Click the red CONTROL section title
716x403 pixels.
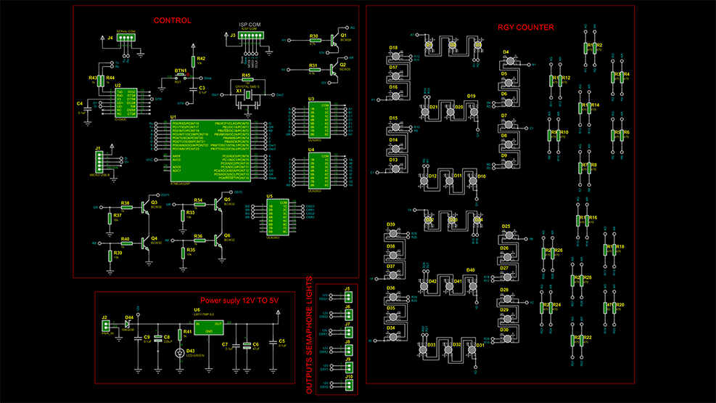click(172, 20)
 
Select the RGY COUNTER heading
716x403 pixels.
click(525, 28)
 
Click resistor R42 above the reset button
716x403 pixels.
click(193, 60)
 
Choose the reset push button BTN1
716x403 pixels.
click(181, 76)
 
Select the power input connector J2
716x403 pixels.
click(106, 324)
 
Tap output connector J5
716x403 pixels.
click(347, 295)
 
